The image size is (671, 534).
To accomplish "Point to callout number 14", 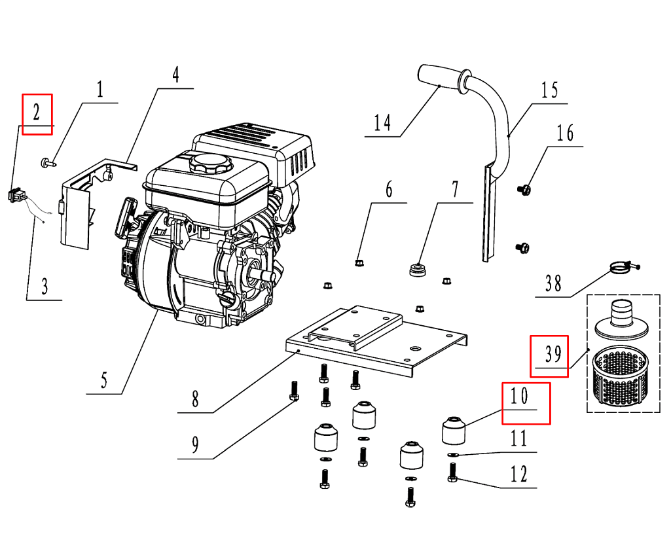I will point(382,122).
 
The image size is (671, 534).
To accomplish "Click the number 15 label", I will point(549,90).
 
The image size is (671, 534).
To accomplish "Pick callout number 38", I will point(553,283).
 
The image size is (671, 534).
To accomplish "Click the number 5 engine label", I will point(104,380).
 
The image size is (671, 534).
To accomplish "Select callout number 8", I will point(195,399).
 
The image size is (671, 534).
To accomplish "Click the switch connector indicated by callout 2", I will point(16,194).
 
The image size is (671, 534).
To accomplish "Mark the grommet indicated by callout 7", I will point(417,270).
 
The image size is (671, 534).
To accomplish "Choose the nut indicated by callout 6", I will point(358,263).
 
